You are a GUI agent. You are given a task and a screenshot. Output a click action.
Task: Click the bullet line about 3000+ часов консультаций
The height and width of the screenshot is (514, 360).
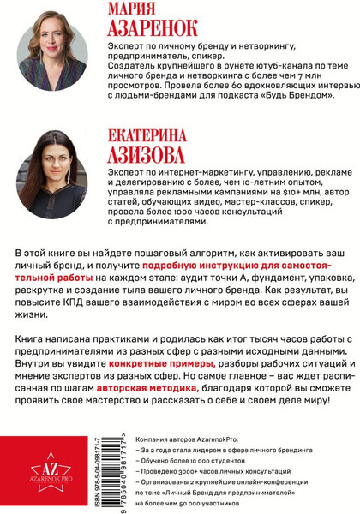[x=240, y=470]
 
